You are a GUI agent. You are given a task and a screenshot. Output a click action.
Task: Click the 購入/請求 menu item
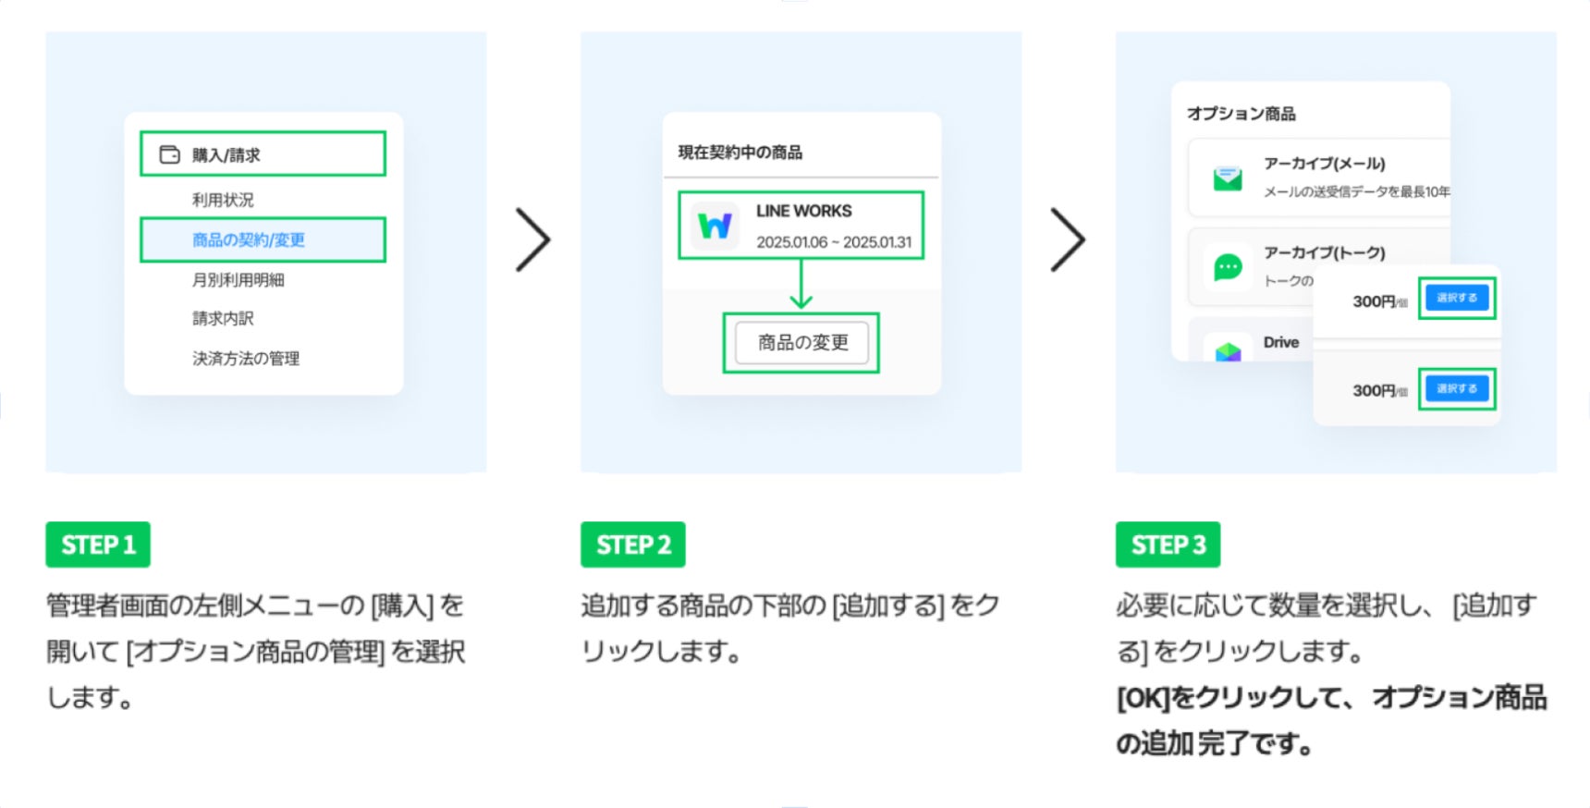coord(226,154)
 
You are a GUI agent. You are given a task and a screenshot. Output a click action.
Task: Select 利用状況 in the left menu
coord(223,200)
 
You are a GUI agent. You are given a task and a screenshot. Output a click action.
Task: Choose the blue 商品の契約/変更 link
coord(248,240)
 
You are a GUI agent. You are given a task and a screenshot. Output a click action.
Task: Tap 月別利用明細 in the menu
coord(238,280)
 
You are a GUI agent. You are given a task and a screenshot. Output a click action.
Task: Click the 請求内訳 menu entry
coord(223,319)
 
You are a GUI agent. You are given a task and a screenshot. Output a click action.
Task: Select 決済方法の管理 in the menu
coord(246,359)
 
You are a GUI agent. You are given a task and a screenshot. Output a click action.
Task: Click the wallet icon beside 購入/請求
coord(169,154)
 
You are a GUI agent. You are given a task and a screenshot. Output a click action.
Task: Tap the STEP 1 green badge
coord(98,545)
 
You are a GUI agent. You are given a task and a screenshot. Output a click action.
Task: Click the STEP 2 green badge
coord(633,545)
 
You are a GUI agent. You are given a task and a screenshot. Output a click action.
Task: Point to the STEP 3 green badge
coord(1168,545)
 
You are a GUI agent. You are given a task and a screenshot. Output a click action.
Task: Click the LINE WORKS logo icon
coord(715,226)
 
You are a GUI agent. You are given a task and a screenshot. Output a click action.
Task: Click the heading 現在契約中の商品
coord(740,153)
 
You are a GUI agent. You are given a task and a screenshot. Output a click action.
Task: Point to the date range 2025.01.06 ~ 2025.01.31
coord(834,242)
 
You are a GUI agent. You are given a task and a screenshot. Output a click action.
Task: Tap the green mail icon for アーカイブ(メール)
coord(1228,178)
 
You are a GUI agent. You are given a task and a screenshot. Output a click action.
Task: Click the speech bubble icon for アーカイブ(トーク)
coord(1228,268)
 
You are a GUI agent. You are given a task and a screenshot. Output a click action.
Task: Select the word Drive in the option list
coord(1281,342)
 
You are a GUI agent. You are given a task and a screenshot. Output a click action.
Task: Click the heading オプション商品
coord(1241,114)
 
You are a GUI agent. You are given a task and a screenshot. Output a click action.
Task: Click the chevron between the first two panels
coord(532,240)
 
